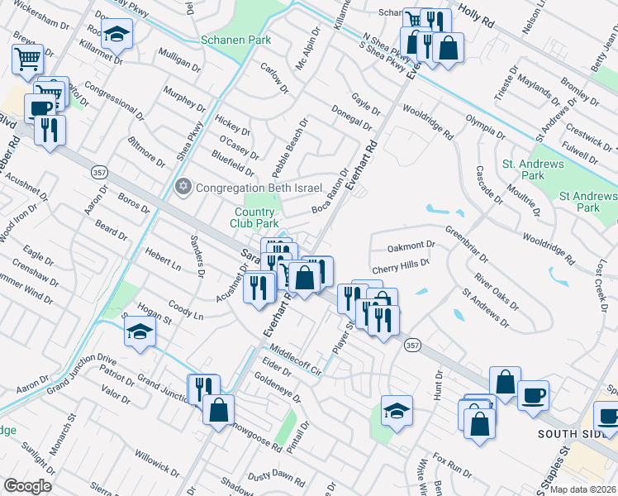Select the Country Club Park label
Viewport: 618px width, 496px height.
(254, 217)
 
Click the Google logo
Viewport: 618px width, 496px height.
(27, 486)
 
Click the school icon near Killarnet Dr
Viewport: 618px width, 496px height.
(117, 35)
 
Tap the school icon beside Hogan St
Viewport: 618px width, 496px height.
(140, 334)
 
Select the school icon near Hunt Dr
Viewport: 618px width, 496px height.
(397, 411)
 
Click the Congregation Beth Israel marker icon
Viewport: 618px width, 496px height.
(183, 186)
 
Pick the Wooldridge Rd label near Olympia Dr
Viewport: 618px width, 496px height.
(430, 122)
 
